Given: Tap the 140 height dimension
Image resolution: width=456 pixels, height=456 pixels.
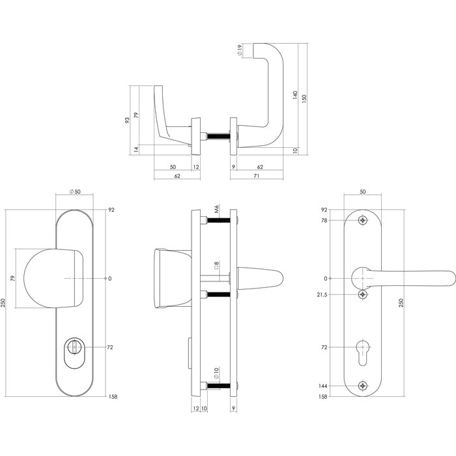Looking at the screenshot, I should [x=295, y=96].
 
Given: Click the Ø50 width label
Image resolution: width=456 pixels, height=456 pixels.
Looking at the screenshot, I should [x=73, y=192].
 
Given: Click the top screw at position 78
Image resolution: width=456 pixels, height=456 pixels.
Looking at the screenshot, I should [x=363, y=220].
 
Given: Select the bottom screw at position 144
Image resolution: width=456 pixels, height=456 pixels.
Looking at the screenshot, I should [x=363, y=386].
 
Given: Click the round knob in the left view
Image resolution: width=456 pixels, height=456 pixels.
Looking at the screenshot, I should [x=55, y=278].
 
